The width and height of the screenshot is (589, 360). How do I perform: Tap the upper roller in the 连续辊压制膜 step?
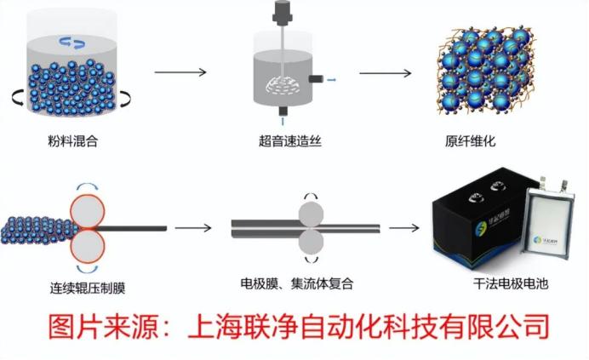89,209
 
